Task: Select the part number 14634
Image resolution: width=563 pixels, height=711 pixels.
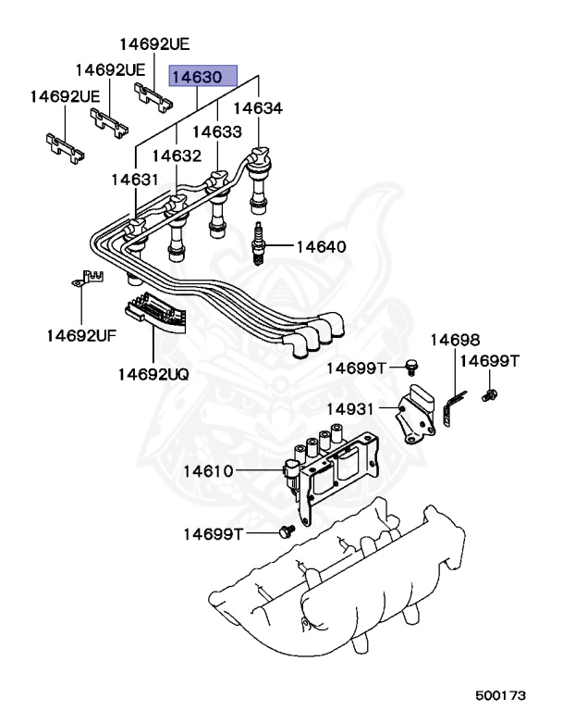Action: pyautogui.click(x=256, y=109)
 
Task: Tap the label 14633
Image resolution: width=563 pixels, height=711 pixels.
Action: pyautogui.click(x=216, y=132)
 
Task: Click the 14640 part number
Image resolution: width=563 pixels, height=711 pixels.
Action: pyautogui.click(x=322, y=247)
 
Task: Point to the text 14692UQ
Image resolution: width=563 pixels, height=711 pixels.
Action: pyautogui.click(x=153, y=374)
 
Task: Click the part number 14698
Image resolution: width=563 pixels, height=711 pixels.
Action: pyautogui.click(x=454, y=341)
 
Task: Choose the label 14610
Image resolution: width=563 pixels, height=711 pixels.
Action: pyautogui.click(x=208, y=472)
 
